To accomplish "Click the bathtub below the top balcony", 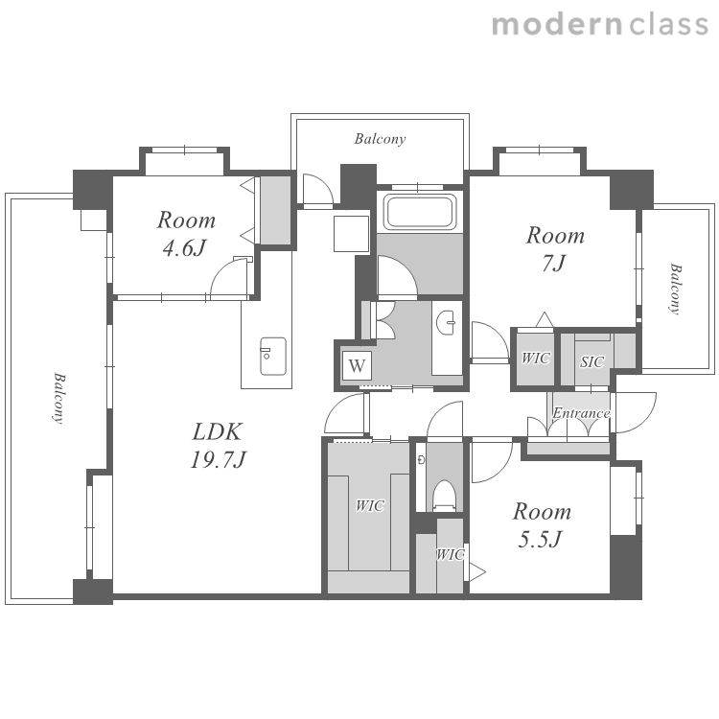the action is [x=420, y=212].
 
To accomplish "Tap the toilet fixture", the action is [x=445, y=496].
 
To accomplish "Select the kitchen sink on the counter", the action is [x=273, y=357].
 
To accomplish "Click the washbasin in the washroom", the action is [x=445, y=322].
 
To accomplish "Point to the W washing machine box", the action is [x=357, y=365].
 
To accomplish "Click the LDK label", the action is [x=217, y=432].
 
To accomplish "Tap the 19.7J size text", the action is [x=219, y=459].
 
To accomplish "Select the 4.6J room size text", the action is [x=184, y=248].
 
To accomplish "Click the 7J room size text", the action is [x=554, y=264].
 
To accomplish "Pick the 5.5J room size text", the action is [x=540, y=539].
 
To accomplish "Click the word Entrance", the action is [x=581, y=413].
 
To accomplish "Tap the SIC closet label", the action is [x=592, y=362].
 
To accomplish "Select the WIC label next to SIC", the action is [x=535, y=358].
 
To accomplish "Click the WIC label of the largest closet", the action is [x=370, y=506].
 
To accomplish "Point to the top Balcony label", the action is [x=380, y=139].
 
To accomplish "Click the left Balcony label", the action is [x=58, y=398].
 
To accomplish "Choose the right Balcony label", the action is [x=675, y=289].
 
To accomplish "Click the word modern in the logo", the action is [x=557, y=25].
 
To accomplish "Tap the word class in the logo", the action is [x=668, y=25].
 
